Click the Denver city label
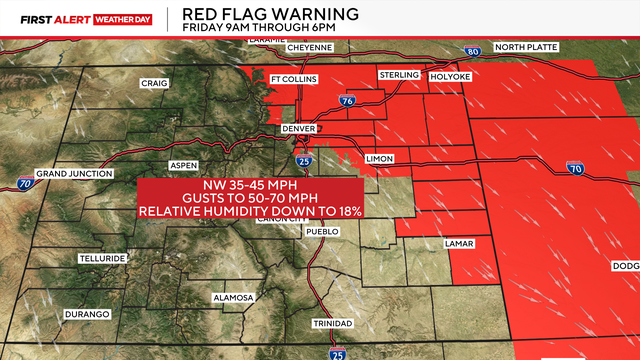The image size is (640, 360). pos(299,129)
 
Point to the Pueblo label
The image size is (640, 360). pos(322,232)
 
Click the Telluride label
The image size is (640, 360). pos(102,258)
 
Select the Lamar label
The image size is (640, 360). pos(459,244)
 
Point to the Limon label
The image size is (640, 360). pos(381,159)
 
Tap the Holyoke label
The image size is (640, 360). pos(450,76)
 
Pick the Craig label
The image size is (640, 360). pos(154,83)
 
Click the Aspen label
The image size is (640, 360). pos(181,164)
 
